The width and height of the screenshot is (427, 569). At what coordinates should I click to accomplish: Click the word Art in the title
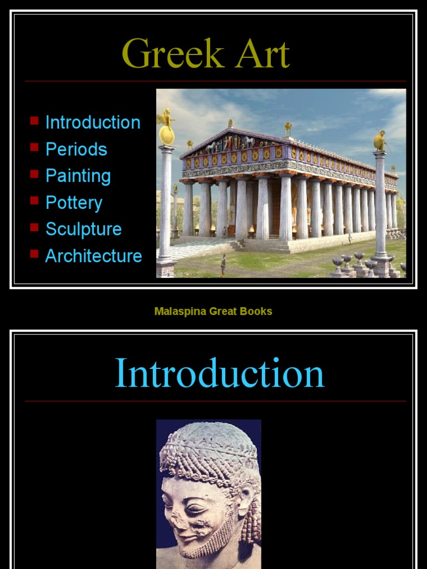(x=261, y=54)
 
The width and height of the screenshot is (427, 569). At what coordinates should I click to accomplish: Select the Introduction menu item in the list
(x=93, y=122)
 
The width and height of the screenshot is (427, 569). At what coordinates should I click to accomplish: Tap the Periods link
(x=76, y=149)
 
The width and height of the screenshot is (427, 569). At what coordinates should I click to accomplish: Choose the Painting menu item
(x=78, y=176)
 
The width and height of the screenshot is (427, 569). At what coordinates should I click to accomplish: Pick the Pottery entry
(x=74, y=203)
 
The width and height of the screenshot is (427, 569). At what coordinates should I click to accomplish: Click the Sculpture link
(x=83, y=229)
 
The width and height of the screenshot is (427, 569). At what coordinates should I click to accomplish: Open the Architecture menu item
(x=93, y=256)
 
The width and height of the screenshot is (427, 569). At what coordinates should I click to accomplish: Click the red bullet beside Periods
(x=34, y=147)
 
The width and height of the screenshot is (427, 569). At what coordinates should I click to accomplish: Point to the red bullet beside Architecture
(x=34, y=254)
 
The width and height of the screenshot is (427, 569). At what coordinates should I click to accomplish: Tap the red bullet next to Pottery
(x=34, y=201)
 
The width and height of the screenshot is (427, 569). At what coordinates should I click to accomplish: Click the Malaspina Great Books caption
(x=213, y=311)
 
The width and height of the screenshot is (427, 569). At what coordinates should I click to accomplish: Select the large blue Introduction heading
(x=219, y=373)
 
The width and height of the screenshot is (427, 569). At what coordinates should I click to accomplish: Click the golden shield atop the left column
(x=166, y=135)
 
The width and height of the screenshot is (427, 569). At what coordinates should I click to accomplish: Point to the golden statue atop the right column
(x=380, y=141)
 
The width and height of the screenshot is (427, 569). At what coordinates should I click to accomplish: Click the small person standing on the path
(x=224, y=264)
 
